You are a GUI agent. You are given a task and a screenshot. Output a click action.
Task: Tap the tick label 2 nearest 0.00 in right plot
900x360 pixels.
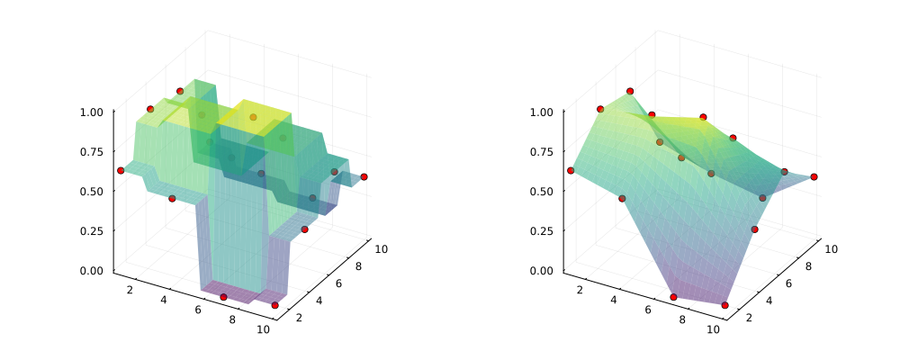(x=579, y=289)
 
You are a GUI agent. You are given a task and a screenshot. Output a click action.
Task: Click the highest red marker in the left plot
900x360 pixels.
(x=180, y=91)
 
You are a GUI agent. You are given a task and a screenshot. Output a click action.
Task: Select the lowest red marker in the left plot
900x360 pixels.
(x=274, y=305)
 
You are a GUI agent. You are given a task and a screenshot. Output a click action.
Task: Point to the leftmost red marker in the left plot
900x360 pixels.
(x=121, y=170)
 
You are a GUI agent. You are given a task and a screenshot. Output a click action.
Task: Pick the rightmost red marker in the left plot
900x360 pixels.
(x=364, y=177)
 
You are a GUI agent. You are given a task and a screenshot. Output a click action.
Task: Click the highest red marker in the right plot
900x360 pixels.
(x=630, y=91)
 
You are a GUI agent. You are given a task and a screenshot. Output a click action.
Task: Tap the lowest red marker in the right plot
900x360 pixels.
(x=724, y=305)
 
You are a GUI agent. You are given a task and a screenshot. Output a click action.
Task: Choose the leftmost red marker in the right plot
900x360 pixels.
(x=571, y=170)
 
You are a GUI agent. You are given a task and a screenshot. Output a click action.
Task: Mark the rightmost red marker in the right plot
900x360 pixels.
(x=814, y=177)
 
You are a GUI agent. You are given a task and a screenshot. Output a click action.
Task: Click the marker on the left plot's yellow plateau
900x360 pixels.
(x=253, y=117)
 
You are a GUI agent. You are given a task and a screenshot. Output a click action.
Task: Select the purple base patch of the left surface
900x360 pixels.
(x=238, y=291)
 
